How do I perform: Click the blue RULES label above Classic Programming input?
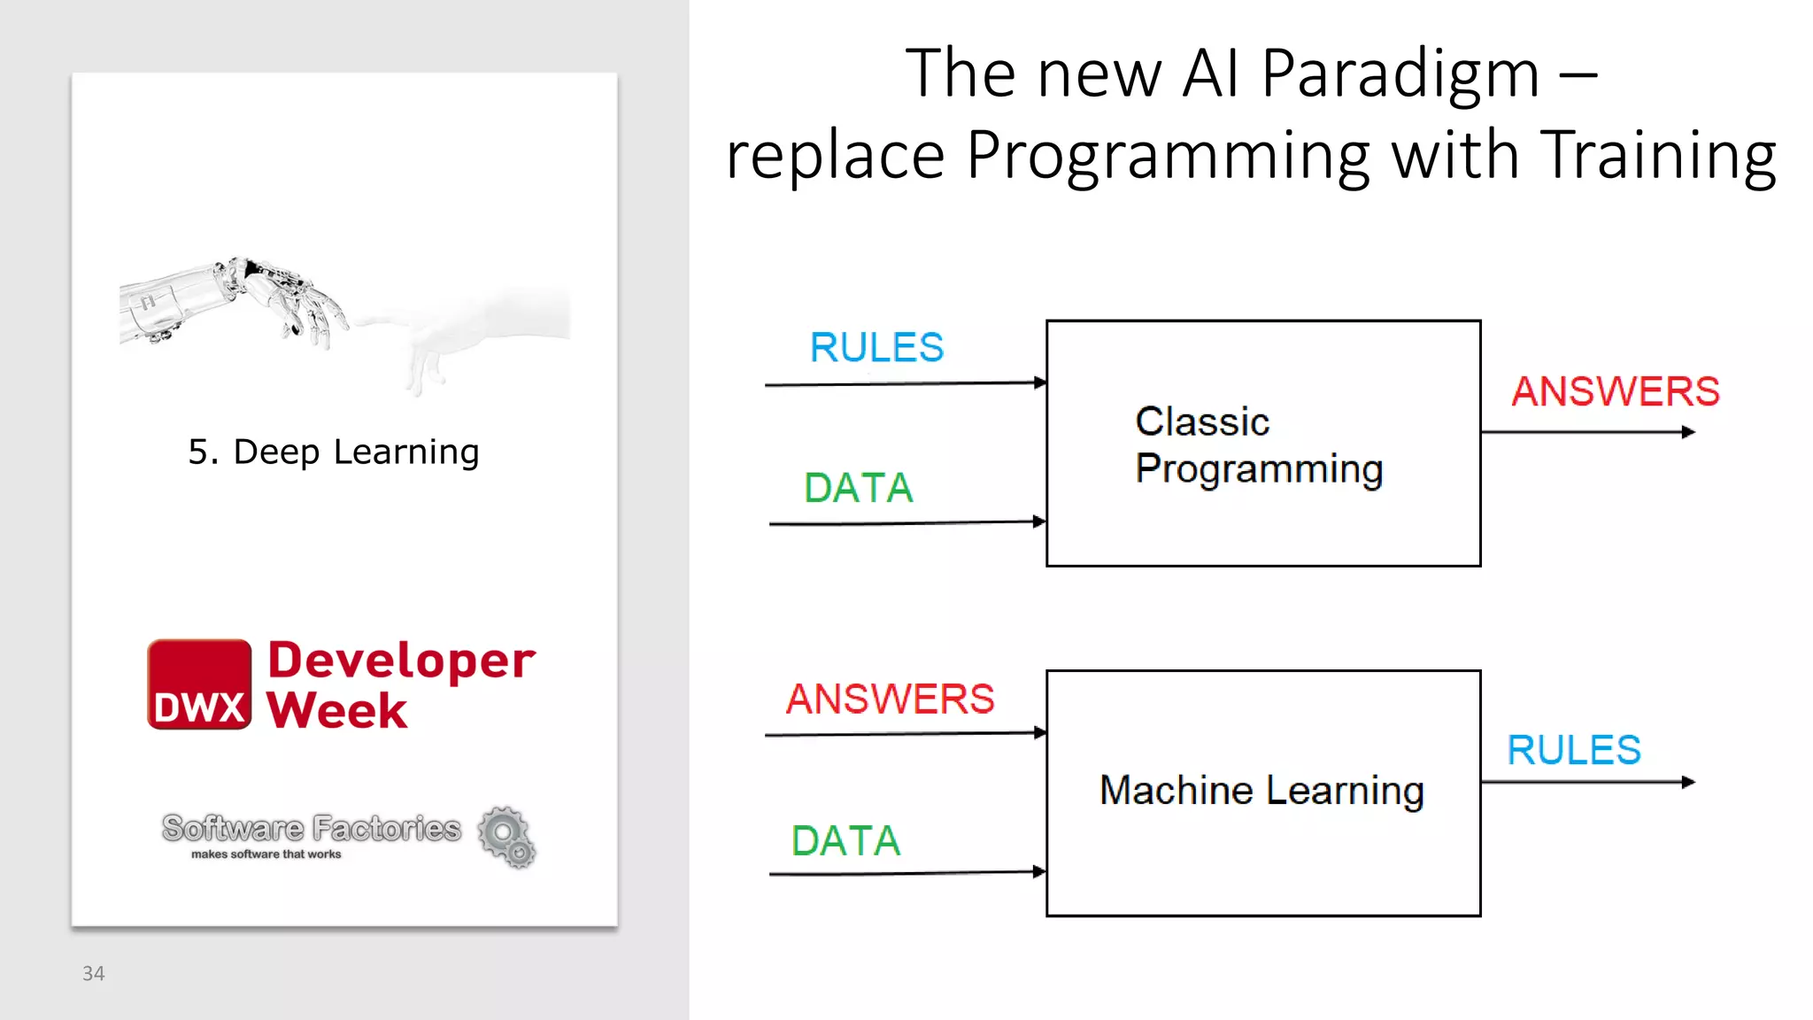click(876, 347)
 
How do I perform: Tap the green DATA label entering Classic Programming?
click(858, 488)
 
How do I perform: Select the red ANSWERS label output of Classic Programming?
click(1615, 391)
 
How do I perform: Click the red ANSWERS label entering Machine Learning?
click(890, 699)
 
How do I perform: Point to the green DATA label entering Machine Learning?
click(845, 840)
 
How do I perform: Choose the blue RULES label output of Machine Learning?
click(1574, 750)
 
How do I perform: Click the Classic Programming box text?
click(1258, 445)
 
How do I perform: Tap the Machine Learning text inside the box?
click(1261, 790)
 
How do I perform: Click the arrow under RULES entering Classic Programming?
click(903, 384)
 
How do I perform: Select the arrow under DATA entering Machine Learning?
click(903, 874)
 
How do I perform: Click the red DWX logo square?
click(199, 684)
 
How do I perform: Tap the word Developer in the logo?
click(401, 661)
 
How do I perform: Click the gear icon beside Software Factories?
click(506, 836)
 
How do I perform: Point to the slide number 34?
click(93, 974)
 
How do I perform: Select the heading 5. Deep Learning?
click(334, 452)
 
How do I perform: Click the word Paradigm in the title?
click(1400, 74)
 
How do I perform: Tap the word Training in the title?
click(1657, 155)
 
